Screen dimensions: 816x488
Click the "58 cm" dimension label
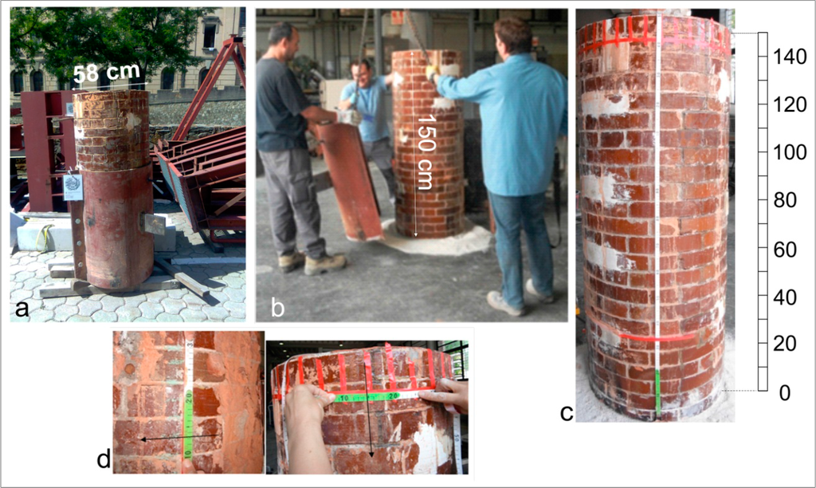(107, 73)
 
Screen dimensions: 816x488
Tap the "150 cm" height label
(426, 151)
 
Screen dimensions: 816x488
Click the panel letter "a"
(22, 309)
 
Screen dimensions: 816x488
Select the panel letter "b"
(277, 308)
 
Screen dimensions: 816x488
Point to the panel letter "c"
(567, 412)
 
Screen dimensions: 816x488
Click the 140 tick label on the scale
(790, 57)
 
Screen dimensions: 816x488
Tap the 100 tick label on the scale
(790, 152)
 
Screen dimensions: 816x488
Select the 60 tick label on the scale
(785, 250)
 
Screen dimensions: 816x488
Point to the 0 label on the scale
(785, 392)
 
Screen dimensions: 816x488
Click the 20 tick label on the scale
(785, 344)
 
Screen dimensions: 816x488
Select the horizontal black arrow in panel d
(179, 438)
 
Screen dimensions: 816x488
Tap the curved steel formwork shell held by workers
(347, 179)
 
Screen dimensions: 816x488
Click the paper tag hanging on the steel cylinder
(73, 186)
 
